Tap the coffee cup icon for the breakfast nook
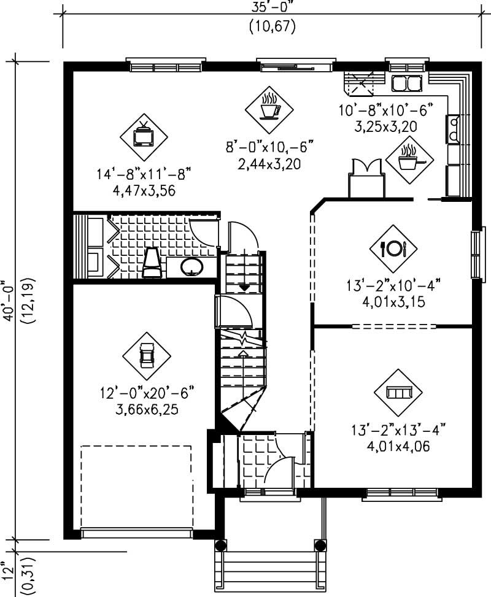269,108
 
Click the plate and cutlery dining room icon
393,248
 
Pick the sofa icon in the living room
398,392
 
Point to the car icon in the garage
146,355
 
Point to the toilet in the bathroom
152,264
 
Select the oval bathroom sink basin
192,266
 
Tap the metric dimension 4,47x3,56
136,191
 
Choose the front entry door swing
279,470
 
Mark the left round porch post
221,544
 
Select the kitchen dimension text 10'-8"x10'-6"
386,111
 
